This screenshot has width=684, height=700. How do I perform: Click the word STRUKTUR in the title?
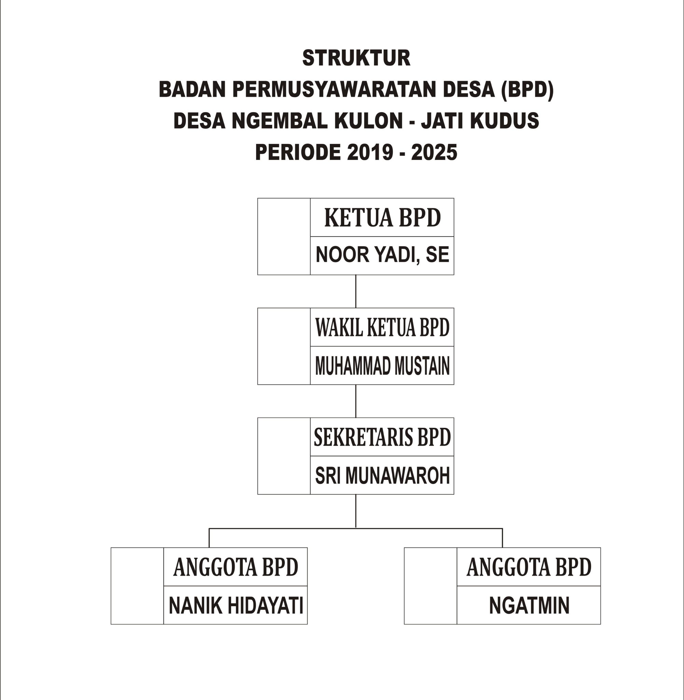(356, 58)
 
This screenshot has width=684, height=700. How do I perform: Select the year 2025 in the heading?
(434, 152)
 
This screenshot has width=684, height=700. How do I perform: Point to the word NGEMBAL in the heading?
(279, 121)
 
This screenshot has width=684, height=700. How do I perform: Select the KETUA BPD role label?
(382, 218)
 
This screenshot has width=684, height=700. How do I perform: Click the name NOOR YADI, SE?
(382, 255)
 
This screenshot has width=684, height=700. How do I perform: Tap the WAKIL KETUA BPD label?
(382, 327)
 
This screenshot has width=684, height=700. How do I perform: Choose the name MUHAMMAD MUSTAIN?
(382, 366)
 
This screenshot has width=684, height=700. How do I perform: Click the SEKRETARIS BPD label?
(382, 437)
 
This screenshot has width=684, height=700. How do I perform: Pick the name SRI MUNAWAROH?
(382, 476)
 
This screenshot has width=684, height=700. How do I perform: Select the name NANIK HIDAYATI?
(236, 606)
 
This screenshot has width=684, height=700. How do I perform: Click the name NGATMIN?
(529, 606)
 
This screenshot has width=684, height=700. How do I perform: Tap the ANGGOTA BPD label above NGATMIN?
(529, 567)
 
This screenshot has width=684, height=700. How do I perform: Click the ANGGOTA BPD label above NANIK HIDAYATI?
(236, 567)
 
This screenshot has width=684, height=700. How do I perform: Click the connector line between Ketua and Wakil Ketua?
(355, 292)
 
